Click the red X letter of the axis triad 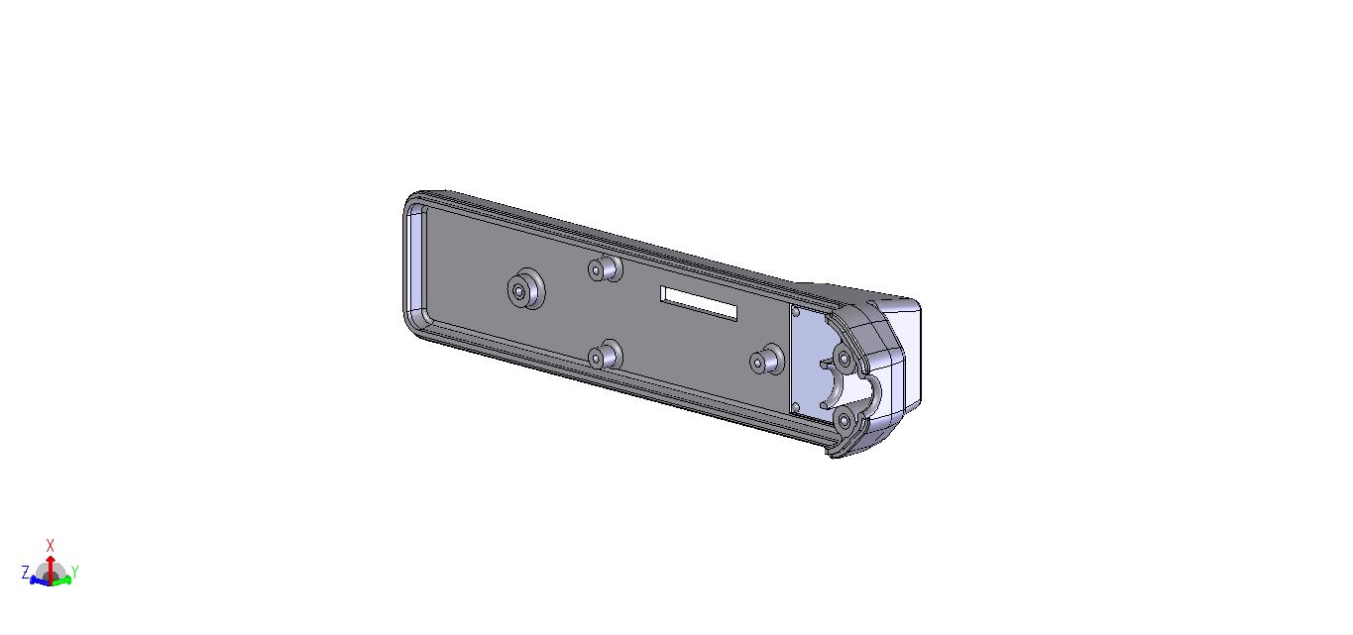(51, 546)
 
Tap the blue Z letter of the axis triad (26, 573)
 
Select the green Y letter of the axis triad (75, 572)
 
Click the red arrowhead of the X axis (51, 559)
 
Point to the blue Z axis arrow (40, 581)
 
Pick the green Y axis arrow (61, 581)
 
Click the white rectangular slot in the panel (699, 303)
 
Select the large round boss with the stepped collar (525, 289)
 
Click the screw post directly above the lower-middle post (605, 268)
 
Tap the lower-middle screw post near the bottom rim (605, 355)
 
